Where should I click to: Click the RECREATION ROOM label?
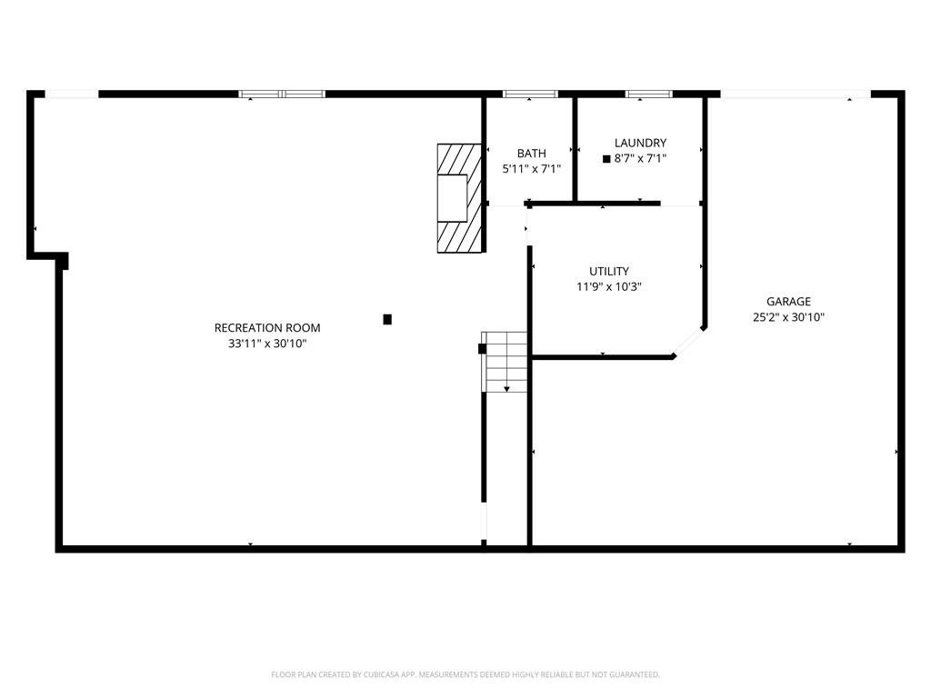pyautogui.click(x=267, y=327)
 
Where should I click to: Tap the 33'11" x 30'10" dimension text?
pyautogui.click(x=267, y=343)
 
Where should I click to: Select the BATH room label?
pyautogui.click(x=531, y=153)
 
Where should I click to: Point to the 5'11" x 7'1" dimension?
pyautogui.click(x=531, y=168)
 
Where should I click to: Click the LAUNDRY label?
pyautogui.click(x=640, y=143)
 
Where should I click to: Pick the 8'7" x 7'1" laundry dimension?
pyautogui.click(x=640, y=158)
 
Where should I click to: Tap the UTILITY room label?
pyautogui.click(x=609, y=271)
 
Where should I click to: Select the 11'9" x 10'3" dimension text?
pyautogui.click(x=609, y=286)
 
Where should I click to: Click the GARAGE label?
pyautogui.click(x=788, y=302)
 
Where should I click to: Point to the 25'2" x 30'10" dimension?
pyautogui.click(x=788, y=317)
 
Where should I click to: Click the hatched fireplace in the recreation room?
pyautogui.click(x=459, y=198)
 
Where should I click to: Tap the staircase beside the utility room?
pyautogui.click(x=504, y=362)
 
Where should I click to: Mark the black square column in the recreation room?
pyautogui.click(x=387, y=319)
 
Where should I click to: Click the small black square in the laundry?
pyautogui.click(x=606, y=159)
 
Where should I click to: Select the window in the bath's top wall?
pyautogui.click(x=530, y=94)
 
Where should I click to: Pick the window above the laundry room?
pyautogui.click(x=648, y=94)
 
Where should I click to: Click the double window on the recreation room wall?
pyautogui.click(x=282, y=94)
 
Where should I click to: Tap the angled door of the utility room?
pyautogui.click(x=689, y=342)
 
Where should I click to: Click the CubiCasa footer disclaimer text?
pyautogui.click(x=465, y=674)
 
